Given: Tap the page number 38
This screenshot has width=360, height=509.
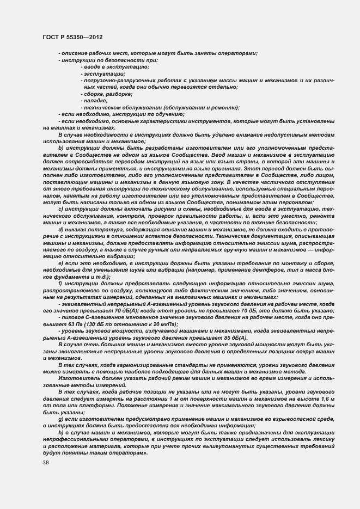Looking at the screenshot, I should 46,462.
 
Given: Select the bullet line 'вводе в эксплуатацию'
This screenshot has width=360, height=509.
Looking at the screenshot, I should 107,66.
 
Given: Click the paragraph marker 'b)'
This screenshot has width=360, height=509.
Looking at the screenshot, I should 60,148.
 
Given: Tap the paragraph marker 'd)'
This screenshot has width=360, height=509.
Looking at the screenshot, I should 60,229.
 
